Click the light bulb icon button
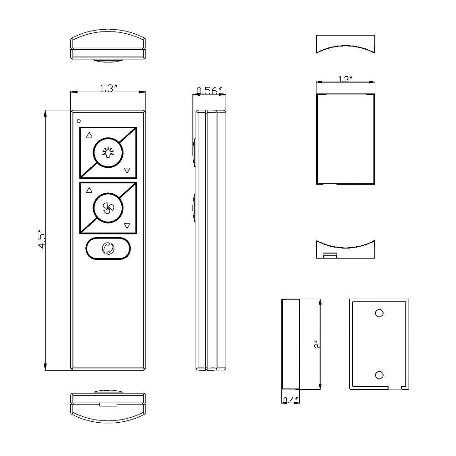click(108, 153)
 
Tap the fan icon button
click(108, 208)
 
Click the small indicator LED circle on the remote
click(78, 121)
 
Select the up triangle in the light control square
click(89, 135)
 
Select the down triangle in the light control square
click(127, 171)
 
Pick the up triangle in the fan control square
click(89, 190)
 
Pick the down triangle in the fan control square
click(127, 226)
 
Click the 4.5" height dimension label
click(41, 240)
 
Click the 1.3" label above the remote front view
click(109, 88)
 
